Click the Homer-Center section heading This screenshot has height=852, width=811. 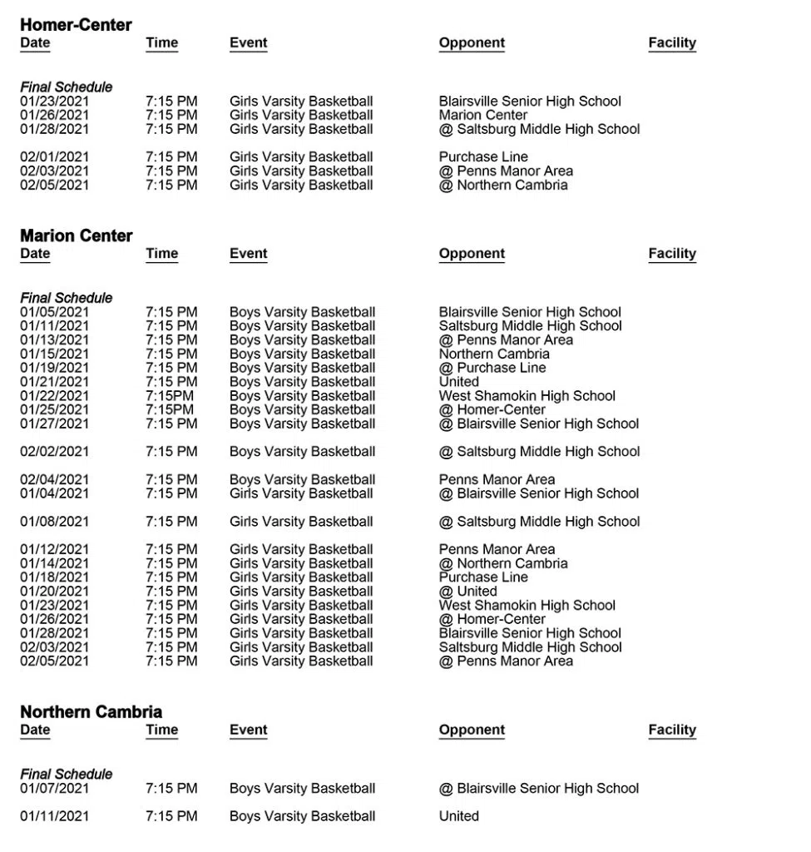click(x=76, y=25)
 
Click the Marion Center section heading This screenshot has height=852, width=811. click(x=76, y=235)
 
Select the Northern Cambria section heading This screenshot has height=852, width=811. click(x=91, y=711)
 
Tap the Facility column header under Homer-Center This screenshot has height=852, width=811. click(x=671, y=42)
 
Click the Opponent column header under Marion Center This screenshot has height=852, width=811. click(x=472, y=253)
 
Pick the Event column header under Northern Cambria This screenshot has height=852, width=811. click(x=248, y=730)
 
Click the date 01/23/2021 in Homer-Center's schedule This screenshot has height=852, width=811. click(x=54, y=101)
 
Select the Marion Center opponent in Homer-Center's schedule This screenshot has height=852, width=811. click(x=483, y=115)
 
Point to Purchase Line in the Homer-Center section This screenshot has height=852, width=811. click(x=483, y=156)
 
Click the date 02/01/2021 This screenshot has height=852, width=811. click(x=54, y=156)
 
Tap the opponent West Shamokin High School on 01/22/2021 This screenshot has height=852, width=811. click(x=527, y=395)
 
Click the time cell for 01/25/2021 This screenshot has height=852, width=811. click(x=170, y=409)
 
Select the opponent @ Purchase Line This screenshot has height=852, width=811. click(x=492, y=368)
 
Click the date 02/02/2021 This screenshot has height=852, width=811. click(x=54, y=451)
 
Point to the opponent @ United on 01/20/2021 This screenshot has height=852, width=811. click(x=467, y=591)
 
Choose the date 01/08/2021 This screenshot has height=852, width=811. click(x=54, y=521)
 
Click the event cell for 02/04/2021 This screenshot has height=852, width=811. click(x=302, y=479)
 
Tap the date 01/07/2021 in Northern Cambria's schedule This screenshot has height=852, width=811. click(x=54, y=788)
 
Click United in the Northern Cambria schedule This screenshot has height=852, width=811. click(x=458, y=815)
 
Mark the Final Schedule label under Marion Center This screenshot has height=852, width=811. click(x=66, y=297)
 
